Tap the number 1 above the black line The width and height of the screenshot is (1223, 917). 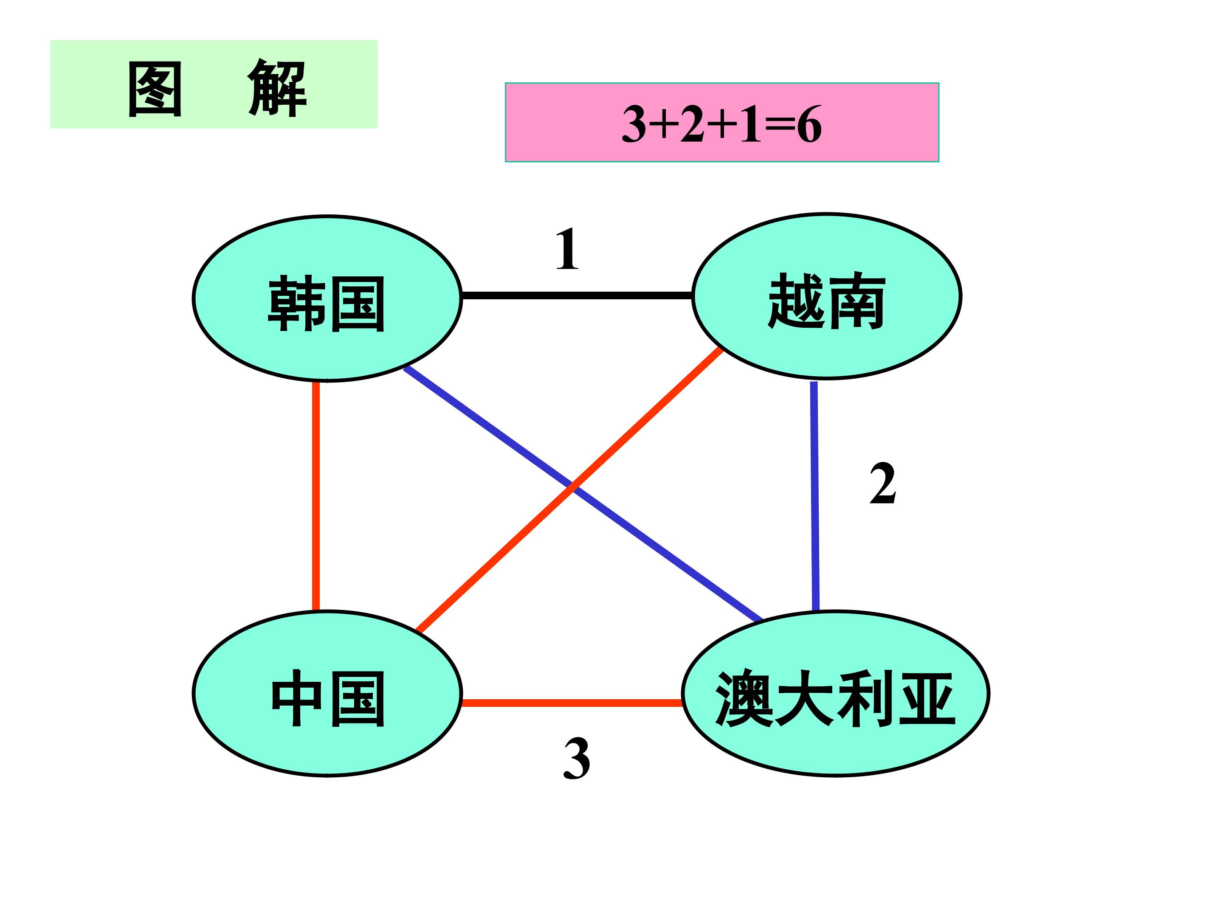(567, 249)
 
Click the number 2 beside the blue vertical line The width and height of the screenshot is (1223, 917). (882, 484)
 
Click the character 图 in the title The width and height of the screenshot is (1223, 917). (155, 88)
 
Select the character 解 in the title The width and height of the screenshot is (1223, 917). (278, 88)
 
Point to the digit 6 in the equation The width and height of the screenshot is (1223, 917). (809, 125)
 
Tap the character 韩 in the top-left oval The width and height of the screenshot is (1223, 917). (296, 304)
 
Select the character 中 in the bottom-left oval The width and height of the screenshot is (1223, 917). (296, 698)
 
